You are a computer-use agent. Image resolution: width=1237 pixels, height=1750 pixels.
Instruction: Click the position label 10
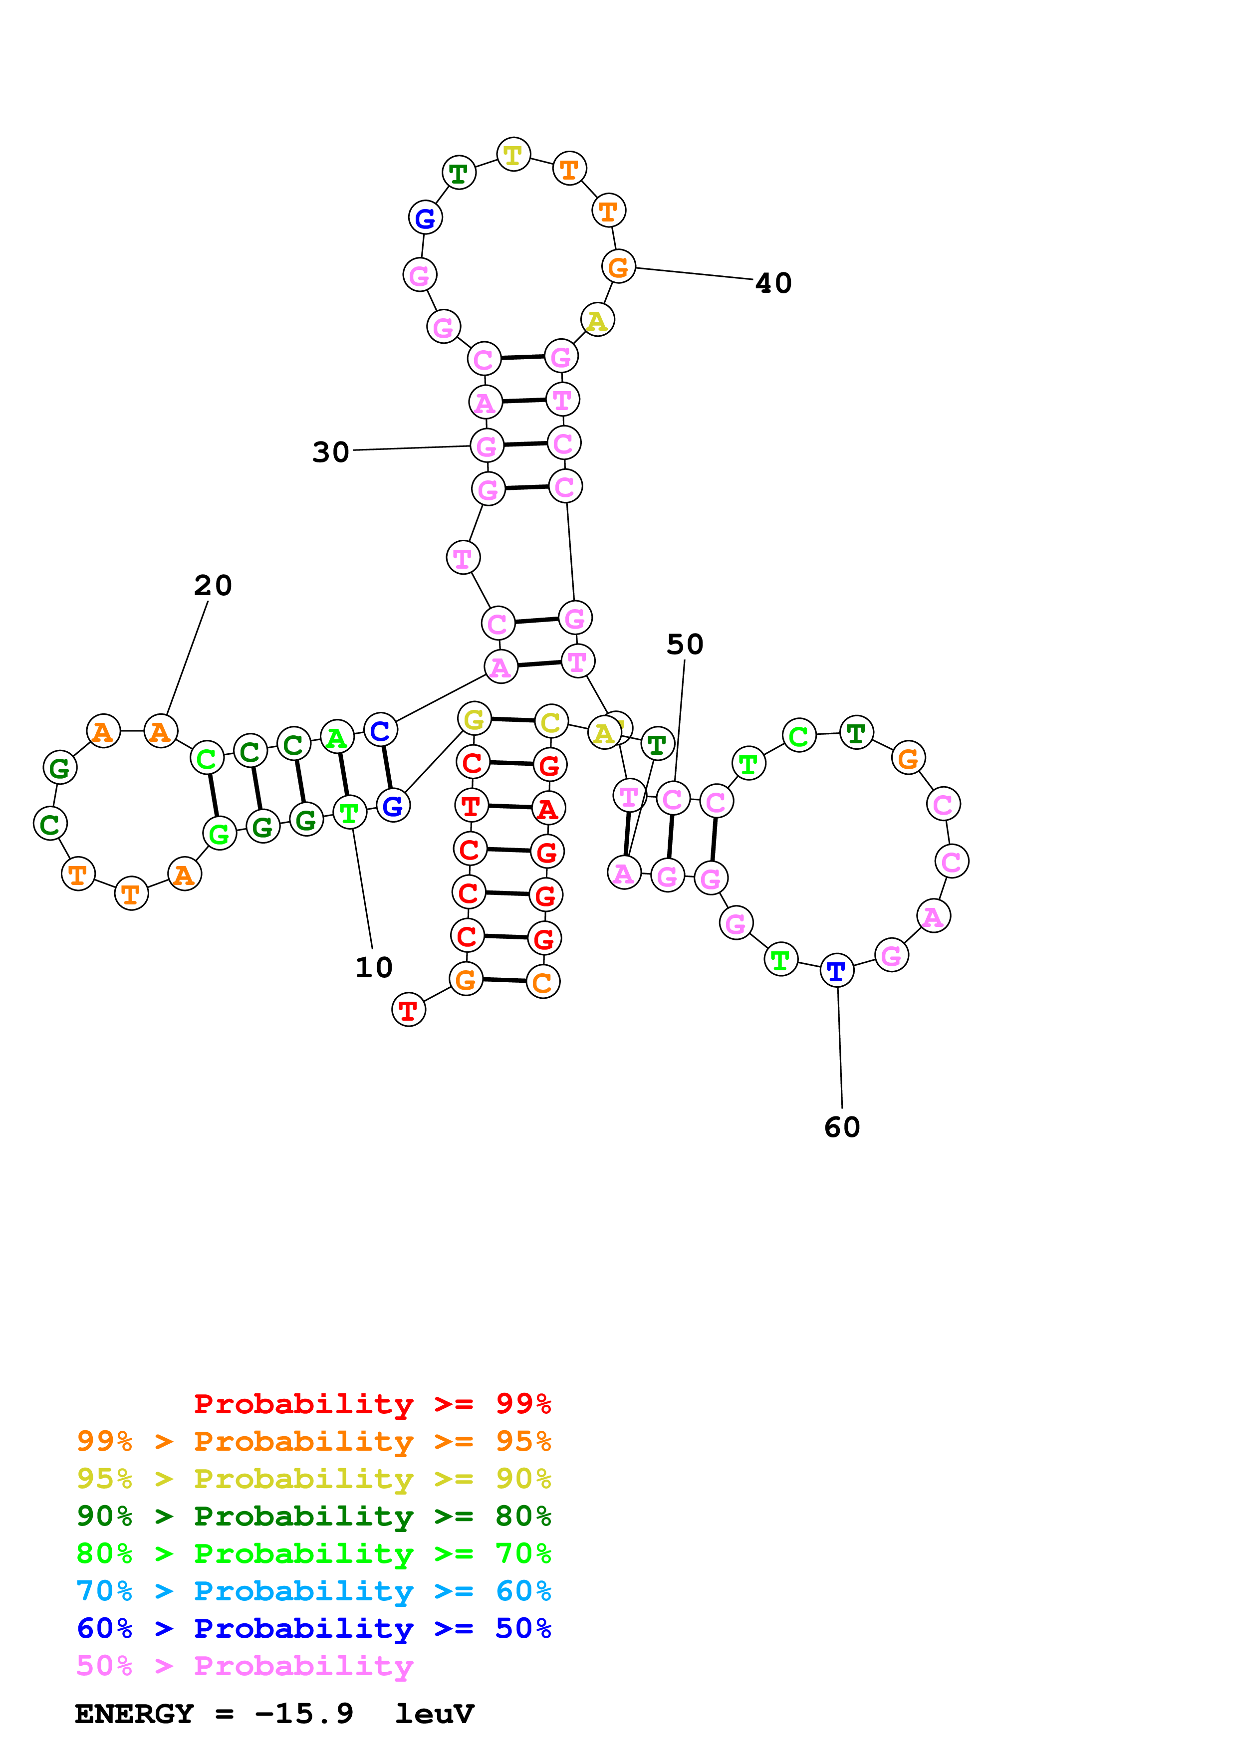[373, 967]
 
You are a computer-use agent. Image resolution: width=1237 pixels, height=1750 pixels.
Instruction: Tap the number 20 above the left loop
[213, 585]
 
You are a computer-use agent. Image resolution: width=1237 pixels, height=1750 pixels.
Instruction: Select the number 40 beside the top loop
[773, 283]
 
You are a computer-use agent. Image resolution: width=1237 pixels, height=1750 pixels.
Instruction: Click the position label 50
[685, 645]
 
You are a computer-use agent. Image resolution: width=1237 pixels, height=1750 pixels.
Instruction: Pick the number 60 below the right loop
[842, 1127]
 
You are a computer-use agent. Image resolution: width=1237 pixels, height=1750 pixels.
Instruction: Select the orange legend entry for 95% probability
[314, 1441]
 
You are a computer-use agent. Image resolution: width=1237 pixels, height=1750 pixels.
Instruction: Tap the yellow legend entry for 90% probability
[314, 1479]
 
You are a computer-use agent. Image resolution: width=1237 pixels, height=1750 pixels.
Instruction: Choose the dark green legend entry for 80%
[314, 1516]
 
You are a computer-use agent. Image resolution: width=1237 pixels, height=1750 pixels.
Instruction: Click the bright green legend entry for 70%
[314, 1553]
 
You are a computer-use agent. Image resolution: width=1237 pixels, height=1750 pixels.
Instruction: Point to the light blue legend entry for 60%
[314, 1591]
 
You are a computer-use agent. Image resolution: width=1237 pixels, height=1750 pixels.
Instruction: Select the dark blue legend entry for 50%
[314, 1628]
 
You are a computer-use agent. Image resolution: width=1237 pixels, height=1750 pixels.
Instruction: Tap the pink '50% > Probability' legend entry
[245, 1665]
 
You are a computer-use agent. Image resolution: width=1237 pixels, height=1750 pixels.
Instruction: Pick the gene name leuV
[435, 1714]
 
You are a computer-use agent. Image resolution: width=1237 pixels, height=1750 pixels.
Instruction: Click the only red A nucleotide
[547, 809]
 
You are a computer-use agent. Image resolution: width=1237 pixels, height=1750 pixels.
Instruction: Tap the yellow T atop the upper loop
[513, 155]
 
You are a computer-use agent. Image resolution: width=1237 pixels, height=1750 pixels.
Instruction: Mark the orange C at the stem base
[543, 982]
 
